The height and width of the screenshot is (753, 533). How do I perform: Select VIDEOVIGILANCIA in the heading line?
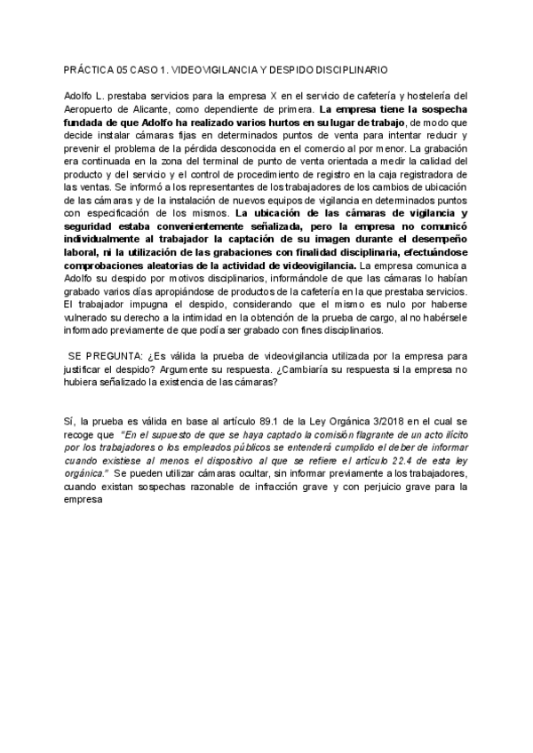(x=212, y=69)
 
